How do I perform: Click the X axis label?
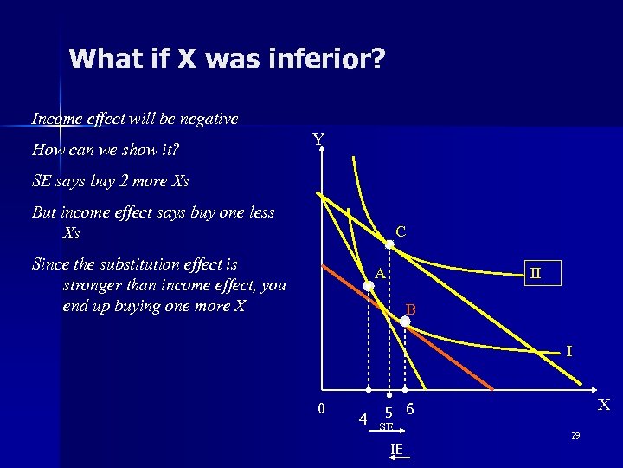604,405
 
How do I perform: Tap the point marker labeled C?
389,245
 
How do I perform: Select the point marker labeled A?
369,283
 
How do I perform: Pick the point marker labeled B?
405,321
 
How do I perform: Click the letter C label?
401,231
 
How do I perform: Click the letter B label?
412,309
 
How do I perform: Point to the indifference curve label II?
536,272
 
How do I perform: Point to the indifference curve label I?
568,351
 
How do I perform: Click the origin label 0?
320,409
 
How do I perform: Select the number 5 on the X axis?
389,413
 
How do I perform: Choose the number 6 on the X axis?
410,409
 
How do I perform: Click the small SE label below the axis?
386,427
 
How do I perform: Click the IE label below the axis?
396,449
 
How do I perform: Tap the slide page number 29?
575,435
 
